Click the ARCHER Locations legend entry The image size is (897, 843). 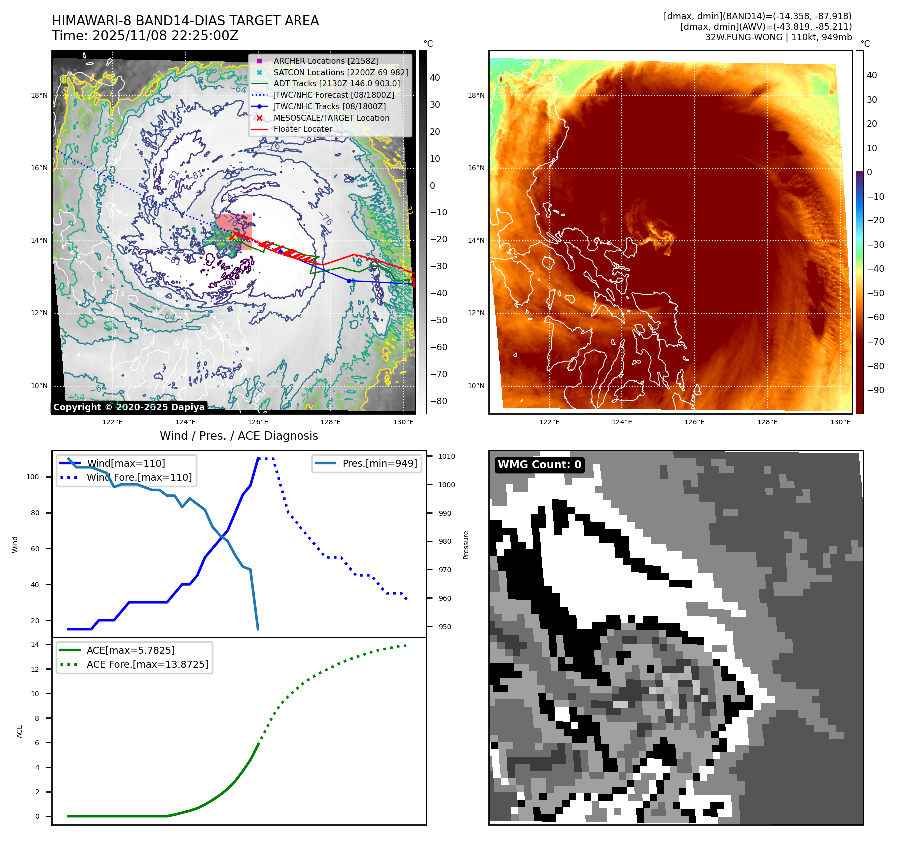325,61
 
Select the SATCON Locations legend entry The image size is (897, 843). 340,72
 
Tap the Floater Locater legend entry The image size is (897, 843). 302,129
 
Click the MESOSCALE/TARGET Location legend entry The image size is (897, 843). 331,118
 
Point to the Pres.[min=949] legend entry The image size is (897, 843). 379,463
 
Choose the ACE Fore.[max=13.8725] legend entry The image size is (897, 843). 147,664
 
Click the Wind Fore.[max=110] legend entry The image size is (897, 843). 139,477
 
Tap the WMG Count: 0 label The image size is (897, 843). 539,465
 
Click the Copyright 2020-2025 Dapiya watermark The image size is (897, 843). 129,407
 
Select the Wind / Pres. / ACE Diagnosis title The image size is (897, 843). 239,436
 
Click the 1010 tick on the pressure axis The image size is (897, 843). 447,456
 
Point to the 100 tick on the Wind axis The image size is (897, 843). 33,477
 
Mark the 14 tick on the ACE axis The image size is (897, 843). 35,644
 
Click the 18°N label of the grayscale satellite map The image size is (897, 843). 39,95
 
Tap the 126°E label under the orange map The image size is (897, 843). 694,422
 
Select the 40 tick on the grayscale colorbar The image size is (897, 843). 435,78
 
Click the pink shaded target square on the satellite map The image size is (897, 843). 234,231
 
